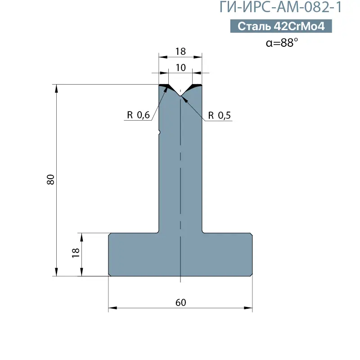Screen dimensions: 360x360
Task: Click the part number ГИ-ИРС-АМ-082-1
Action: pos(281,7)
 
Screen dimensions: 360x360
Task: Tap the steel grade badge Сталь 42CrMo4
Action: pos(281,26)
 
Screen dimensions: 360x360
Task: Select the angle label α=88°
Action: pos(282,43)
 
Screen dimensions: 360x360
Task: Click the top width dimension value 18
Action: pos(180,51)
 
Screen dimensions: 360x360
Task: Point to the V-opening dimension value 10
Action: pos(180,67)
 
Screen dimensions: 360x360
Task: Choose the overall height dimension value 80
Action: pos(50,180)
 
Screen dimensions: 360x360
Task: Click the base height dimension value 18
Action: pos(76,253)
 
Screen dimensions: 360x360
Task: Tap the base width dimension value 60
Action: pos(180,302)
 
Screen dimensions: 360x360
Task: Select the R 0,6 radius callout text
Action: pos(138,115)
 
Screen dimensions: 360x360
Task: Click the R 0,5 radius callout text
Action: pos(219,115)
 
